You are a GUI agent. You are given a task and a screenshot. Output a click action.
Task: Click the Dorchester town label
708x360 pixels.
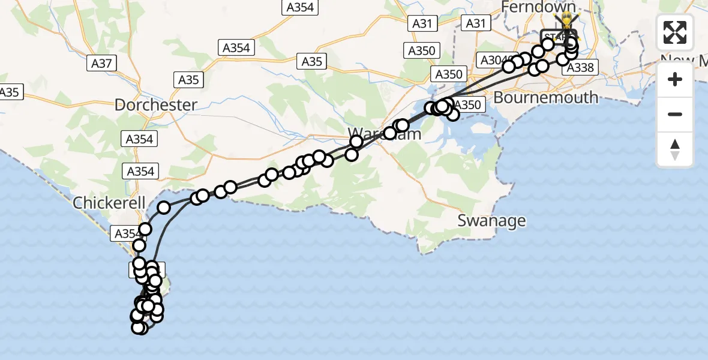click(155, 105)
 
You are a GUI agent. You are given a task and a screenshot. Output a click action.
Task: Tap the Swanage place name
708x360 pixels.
click(491, 221)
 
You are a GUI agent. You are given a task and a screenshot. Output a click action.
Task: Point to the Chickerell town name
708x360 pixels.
click(109, 203)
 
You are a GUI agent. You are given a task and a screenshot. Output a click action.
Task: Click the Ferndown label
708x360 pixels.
click(538, 7)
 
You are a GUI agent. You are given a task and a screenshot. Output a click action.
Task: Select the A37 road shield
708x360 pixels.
click(101, 63)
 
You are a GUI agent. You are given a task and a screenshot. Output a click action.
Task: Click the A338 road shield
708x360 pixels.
click(580, 68)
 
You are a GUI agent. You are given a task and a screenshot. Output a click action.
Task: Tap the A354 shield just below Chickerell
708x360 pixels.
click(127, 234)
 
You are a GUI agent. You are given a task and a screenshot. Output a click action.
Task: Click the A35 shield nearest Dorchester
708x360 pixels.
click(188, 80)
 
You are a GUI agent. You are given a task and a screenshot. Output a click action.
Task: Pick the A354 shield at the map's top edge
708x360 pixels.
click(300, 8)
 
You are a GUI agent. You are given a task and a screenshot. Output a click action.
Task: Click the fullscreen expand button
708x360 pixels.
click(675, 32)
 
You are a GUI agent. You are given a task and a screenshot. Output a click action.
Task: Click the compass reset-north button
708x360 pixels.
click(675, 149)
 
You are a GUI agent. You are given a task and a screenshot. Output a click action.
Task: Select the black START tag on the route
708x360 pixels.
click(557, 37)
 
